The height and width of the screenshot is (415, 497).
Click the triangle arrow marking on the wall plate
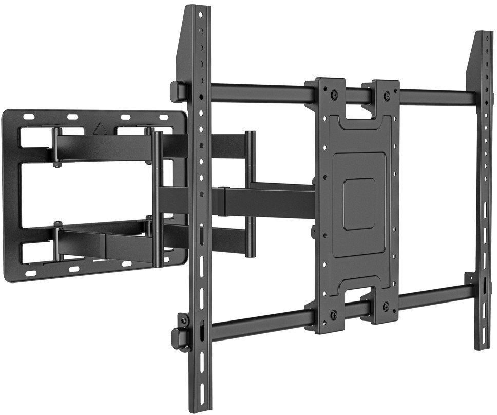98,125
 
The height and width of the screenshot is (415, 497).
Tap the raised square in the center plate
358,204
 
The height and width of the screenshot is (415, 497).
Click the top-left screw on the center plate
335,95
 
